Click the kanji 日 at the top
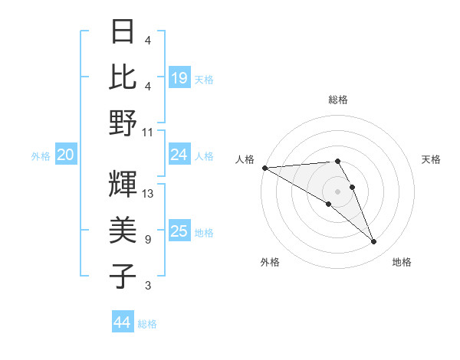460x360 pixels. [x=123, y=31]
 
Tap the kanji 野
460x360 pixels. [x=123, y=123]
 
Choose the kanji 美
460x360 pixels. [x=123, y=230]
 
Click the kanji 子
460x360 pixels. [x=123, y=276]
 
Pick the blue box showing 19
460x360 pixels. [x=179, y=77]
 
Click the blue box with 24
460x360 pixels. [x=179, y=155]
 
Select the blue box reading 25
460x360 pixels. [x=179, y=231]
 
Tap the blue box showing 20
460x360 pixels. [x=65, y=155]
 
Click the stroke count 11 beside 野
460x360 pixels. [x=148, y=132]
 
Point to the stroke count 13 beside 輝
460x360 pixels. [x=148, y=194]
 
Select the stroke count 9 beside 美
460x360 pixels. [x=147, y=240]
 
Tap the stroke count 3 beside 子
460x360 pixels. [x=147, y=286]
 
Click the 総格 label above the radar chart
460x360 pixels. [x=338, y=100]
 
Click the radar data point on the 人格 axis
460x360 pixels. [x=264, y=168]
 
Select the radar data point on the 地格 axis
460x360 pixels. [x=374, y=242]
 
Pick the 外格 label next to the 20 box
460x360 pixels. [x=41, y=156]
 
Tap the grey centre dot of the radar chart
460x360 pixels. [x=338, y=191]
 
